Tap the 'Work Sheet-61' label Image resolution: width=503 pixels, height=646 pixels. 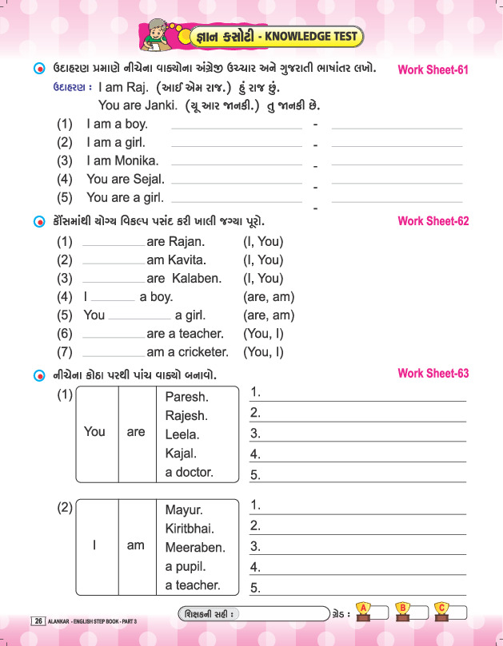pos(433,69)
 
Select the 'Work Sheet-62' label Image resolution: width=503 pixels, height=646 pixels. pos(433,221)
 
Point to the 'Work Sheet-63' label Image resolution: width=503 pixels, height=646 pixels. pos(433,374)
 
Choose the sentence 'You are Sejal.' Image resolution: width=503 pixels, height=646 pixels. pos(126,179)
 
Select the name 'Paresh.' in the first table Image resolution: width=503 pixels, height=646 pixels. pos(186,397)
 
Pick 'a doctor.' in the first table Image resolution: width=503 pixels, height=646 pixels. pos(189,472)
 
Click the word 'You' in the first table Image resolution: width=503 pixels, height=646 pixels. pos(94,432)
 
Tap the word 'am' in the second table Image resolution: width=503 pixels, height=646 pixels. pos(136,545)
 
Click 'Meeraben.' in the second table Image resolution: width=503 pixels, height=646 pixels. pos(195,548)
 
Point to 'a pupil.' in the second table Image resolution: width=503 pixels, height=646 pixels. pos(186,566)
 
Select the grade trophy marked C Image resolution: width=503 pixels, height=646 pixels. pos(441,611)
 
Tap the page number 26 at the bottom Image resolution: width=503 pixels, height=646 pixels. pos(39,620)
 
